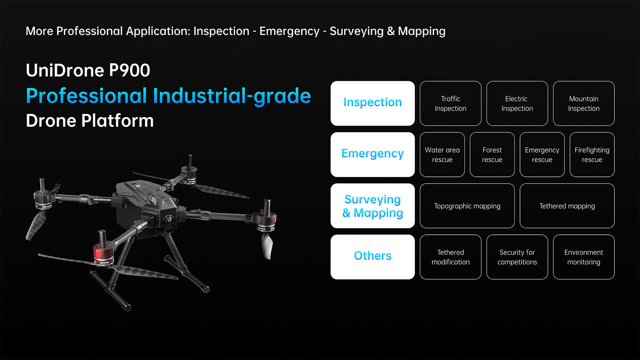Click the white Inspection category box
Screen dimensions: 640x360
372,104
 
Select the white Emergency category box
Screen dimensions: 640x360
372,154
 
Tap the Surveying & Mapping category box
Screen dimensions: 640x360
372,206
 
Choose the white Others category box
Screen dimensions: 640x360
372,257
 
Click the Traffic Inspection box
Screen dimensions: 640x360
450,104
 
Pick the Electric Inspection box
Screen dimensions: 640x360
517,104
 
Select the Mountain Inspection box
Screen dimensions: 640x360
584,104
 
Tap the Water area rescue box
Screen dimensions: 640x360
442,154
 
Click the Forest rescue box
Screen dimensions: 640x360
492,154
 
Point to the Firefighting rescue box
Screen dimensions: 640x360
592,154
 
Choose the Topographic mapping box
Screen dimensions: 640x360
467,206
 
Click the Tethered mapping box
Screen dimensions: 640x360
567,206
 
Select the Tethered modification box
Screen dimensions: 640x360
450,257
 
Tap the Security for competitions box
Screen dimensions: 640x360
517,257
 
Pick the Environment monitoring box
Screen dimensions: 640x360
584,257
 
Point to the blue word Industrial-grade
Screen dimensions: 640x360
232,96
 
